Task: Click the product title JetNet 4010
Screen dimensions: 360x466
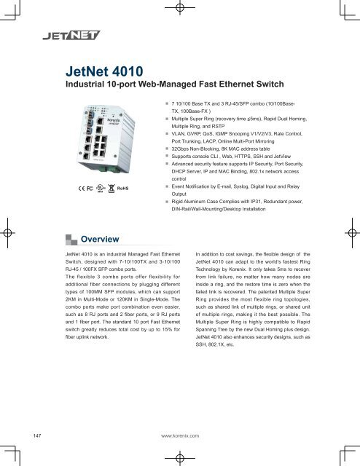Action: click(x=105, y=71)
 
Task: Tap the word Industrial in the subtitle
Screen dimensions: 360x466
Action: click(x=85, y=86)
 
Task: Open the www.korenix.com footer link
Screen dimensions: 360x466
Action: click(x=180, y=435)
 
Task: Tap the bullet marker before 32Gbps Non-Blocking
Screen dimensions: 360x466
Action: click(x=167, y=147)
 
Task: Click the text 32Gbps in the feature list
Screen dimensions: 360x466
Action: click(x=181, y=147)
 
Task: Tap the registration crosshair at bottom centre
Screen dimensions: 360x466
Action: click(x=180, y=454)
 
